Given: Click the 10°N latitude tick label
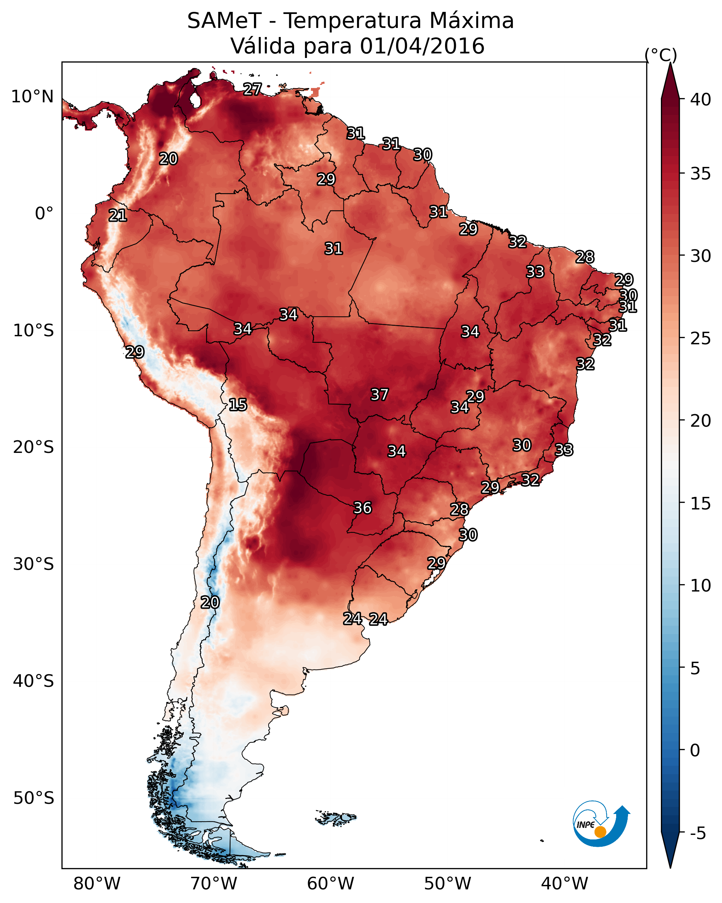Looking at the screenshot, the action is [32, 97].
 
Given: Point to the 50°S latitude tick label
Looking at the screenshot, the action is [34, 798].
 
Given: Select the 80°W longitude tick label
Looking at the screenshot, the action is [97, 884].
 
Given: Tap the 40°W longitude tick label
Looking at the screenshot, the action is [564, 884].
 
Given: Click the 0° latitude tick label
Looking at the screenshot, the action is [44, 214].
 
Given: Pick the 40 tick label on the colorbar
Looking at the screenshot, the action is [701, 100].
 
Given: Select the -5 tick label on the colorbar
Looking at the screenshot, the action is [698, 834].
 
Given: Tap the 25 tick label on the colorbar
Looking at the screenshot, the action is [701, 338].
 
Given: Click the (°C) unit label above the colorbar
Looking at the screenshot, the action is [661, 55].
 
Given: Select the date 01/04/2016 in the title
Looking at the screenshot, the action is [422, 46].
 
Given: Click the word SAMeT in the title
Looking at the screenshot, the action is [225, 21].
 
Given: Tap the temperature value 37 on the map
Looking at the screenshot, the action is [380, 395].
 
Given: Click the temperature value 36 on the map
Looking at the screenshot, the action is [363, 508].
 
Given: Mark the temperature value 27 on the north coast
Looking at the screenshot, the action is [252, 89].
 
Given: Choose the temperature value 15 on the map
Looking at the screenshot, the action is [238, 405].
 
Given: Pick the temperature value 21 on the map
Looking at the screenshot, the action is [118, 215].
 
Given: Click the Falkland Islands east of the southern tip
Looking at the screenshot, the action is [336, 817].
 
